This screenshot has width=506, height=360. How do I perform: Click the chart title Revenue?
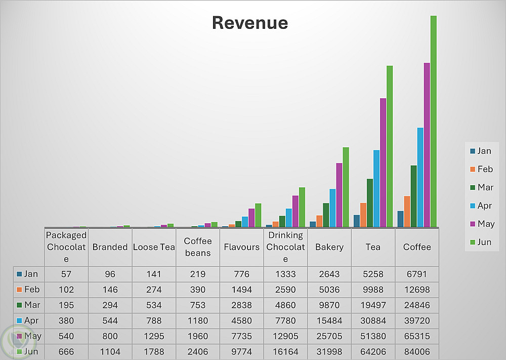tap(249, 23)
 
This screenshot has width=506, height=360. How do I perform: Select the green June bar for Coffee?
tap(433, 122)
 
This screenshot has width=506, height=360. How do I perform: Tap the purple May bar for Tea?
tap(383, 162)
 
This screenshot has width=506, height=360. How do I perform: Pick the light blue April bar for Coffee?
tap(420, 177)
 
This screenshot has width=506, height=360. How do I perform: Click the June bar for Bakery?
tap(346, 187)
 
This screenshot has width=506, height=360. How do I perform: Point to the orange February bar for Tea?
tap(363, 215)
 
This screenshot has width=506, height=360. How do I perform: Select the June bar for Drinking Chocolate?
tap(302, 207)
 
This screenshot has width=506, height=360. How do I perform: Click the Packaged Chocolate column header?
tap(66, 247)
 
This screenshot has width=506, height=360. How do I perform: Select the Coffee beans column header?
tap(198, 247)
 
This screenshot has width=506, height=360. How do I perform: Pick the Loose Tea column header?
tap(154, 247)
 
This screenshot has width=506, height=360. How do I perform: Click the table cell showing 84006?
tap(417, 352)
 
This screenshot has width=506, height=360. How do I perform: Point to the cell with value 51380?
tap(373, 336)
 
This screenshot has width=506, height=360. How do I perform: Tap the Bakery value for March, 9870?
tap(329, 305)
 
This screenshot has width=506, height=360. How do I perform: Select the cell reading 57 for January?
tap(66, 274)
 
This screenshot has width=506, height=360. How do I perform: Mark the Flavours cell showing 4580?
tap(242, 321)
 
